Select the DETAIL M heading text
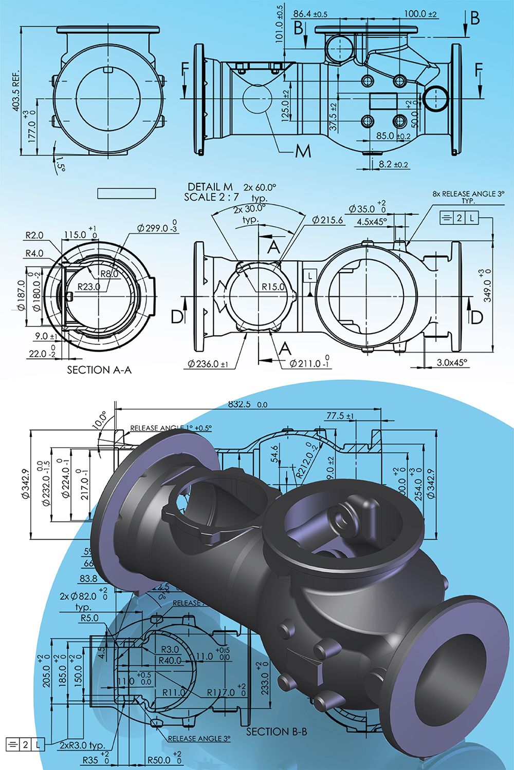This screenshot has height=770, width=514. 210,187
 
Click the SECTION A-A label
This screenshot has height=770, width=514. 99,370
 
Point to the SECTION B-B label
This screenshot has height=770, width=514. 277,731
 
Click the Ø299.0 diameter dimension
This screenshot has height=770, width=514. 157,228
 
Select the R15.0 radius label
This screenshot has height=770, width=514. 273,287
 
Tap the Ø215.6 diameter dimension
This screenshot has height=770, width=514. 327,220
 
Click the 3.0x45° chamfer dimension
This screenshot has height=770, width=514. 452,362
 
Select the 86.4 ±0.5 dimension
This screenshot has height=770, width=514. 310,14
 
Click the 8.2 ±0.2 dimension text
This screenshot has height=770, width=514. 394,164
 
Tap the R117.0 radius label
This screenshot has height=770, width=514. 221,692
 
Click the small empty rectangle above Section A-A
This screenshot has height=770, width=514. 126,192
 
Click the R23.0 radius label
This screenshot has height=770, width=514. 89,287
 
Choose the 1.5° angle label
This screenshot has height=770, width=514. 61,163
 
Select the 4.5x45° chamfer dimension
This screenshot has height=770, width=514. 372,222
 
